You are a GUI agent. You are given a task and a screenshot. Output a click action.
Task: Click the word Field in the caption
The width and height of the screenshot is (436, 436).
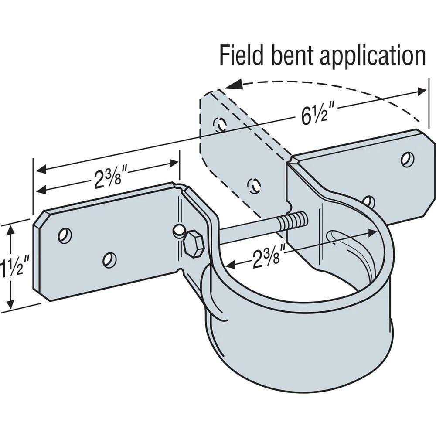pos(241,55)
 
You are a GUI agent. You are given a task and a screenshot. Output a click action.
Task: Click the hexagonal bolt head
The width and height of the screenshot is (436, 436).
pos(193,244)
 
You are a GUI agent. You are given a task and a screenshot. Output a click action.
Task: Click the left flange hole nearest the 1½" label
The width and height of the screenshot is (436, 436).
pos(65,235)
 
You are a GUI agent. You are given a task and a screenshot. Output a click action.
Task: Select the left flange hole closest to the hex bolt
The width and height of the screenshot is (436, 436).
pos(109,260)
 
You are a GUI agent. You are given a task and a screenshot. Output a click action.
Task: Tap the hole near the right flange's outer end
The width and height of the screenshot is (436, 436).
pos(407,160)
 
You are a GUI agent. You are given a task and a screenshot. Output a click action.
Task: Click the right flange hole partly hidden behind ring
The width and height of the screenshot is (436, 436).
pos(369,201)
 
